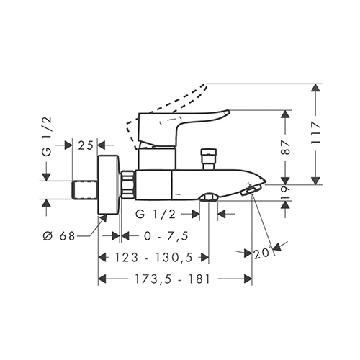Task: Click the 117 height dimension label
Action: pos(315,132)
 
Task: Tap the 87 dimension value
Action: pos(286,148)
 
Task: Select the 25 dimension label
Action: pos(85,145)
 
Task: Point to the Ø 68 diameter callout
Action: pos(59,236)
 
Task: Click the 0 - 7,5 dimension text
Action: pos(166,236)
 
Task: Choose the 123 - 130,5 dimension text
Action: pos(154,258)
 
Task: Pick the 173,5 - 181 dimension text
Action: pos(173,279)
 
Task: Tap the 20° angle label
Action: pos(263,253)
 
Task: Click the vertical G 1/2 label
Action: pos(48,136)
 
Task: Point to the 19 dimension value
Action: pos(286,192)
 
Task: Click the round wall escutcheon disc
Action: pos(109,184)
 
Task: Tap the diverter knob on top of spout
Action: pos(210,159)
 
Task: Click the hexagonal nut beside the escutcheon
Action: pos(127,184)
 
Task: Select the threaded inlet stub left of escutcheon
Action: pos(85,190)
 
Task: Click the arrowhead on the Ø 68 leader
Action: pos(104,218)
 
